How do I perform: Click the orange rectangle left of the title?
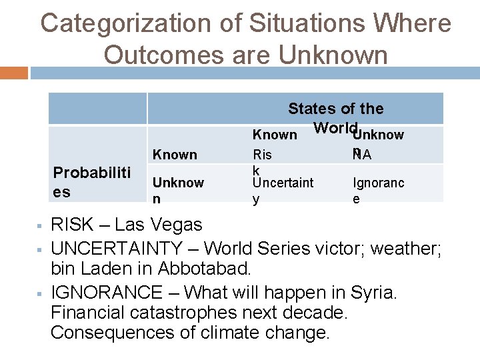[14, 72]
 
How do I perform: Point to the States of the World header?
[335, 117]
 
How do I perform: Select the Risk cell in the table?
[262, 162]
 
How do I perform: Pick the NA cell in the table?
[363, 155]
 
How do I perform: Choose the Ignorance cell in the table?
[378, 190]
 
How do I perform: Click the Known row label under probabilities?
[175, 155]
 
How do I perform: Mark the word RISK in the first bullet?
[73, 225]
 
